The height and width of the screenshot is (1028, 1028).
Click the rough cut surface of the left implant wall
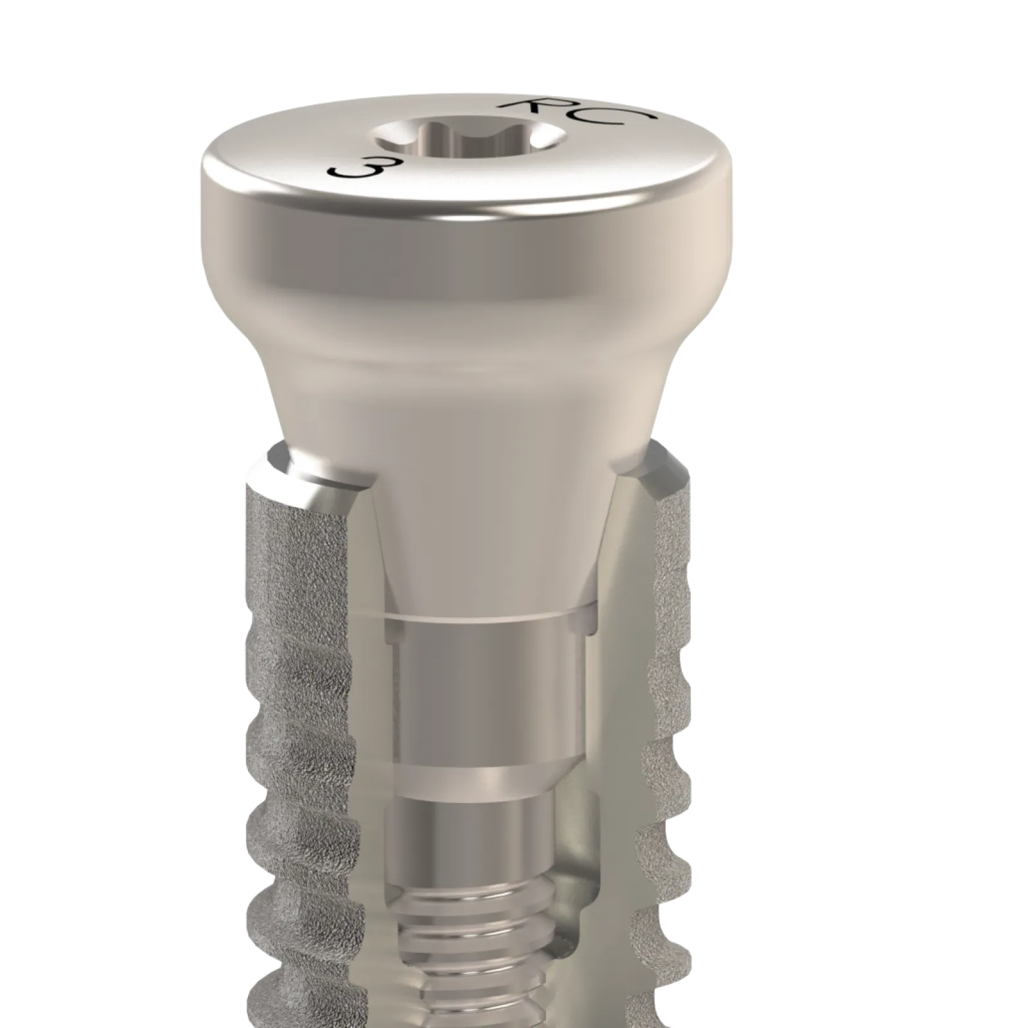click(x=302, y=642)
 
